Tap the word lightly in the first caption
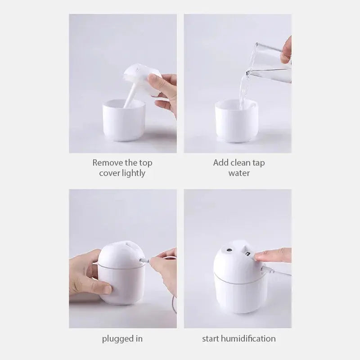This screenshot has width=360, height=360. [133, 173]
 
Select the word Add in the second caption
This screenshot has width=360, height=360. [220, 162]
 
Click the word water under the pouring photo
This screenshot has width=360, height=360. [238, 173]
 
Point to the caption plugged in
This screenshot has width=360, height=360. [123, 338]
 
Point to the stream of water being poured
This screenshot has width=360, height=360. [244, 90]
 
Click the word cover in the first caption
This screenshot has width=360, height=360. [109, 173]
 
